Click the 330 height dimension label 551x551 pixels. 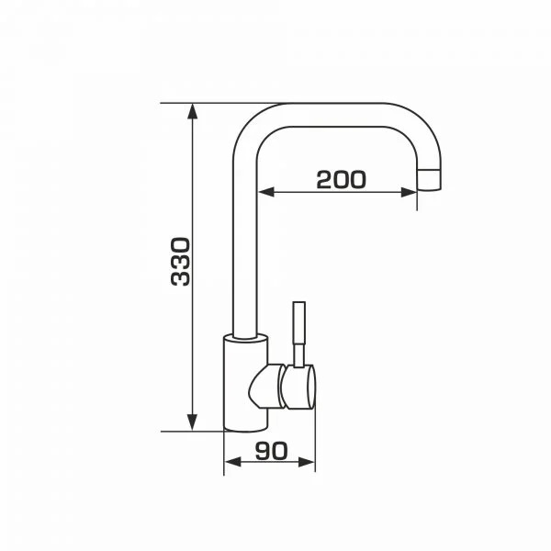point(180,262)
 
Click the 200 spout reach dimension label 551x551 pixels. point(341,180)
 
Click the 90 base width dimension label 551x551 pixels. point(271,451)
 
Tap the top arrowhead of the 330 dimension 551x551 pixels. point(192,111)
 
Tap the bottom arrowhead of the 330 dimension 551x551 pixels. point(192,422)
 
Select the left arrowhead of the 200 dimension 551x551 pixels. point(266,192)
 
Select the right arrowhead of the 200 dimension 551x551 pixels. point(409,192)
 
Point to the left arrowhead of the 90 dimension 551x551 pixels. point(232,462)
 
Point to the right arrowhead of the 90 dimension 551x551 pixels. point(307,462)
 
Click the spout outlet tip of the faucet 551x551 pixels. point(429,180)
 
